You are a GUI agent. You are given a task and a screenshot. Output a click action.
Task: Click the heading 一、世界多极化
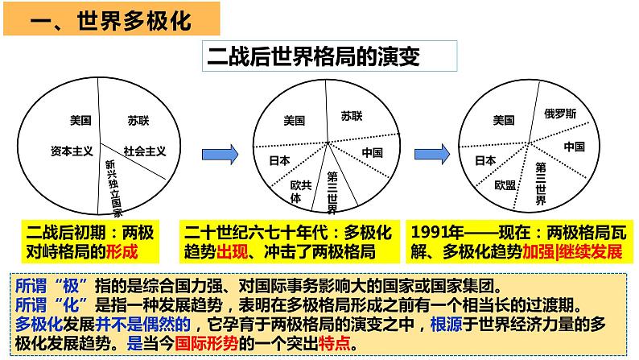pyautogui.click(x=113, y=20)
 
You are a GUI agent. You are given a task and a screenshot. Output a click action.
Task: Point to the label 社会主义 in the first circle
pyautogui.click(x=145, y=151)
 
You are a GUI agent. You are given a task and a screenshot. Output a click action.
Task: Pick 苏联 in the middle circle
pyautogui.click(x=352, y=116)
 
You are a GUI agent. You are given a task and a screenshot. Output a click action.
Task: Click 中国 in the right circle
pyautogui.click(x=574, y=147)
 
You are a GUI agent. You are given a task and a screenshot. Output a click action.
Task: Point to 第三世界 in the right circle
pyautogui.click(x=541, y=184)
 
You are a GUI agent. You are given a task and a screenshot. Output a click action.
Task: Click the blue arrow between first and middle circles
pyautogui.click(x=220, y=153)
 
